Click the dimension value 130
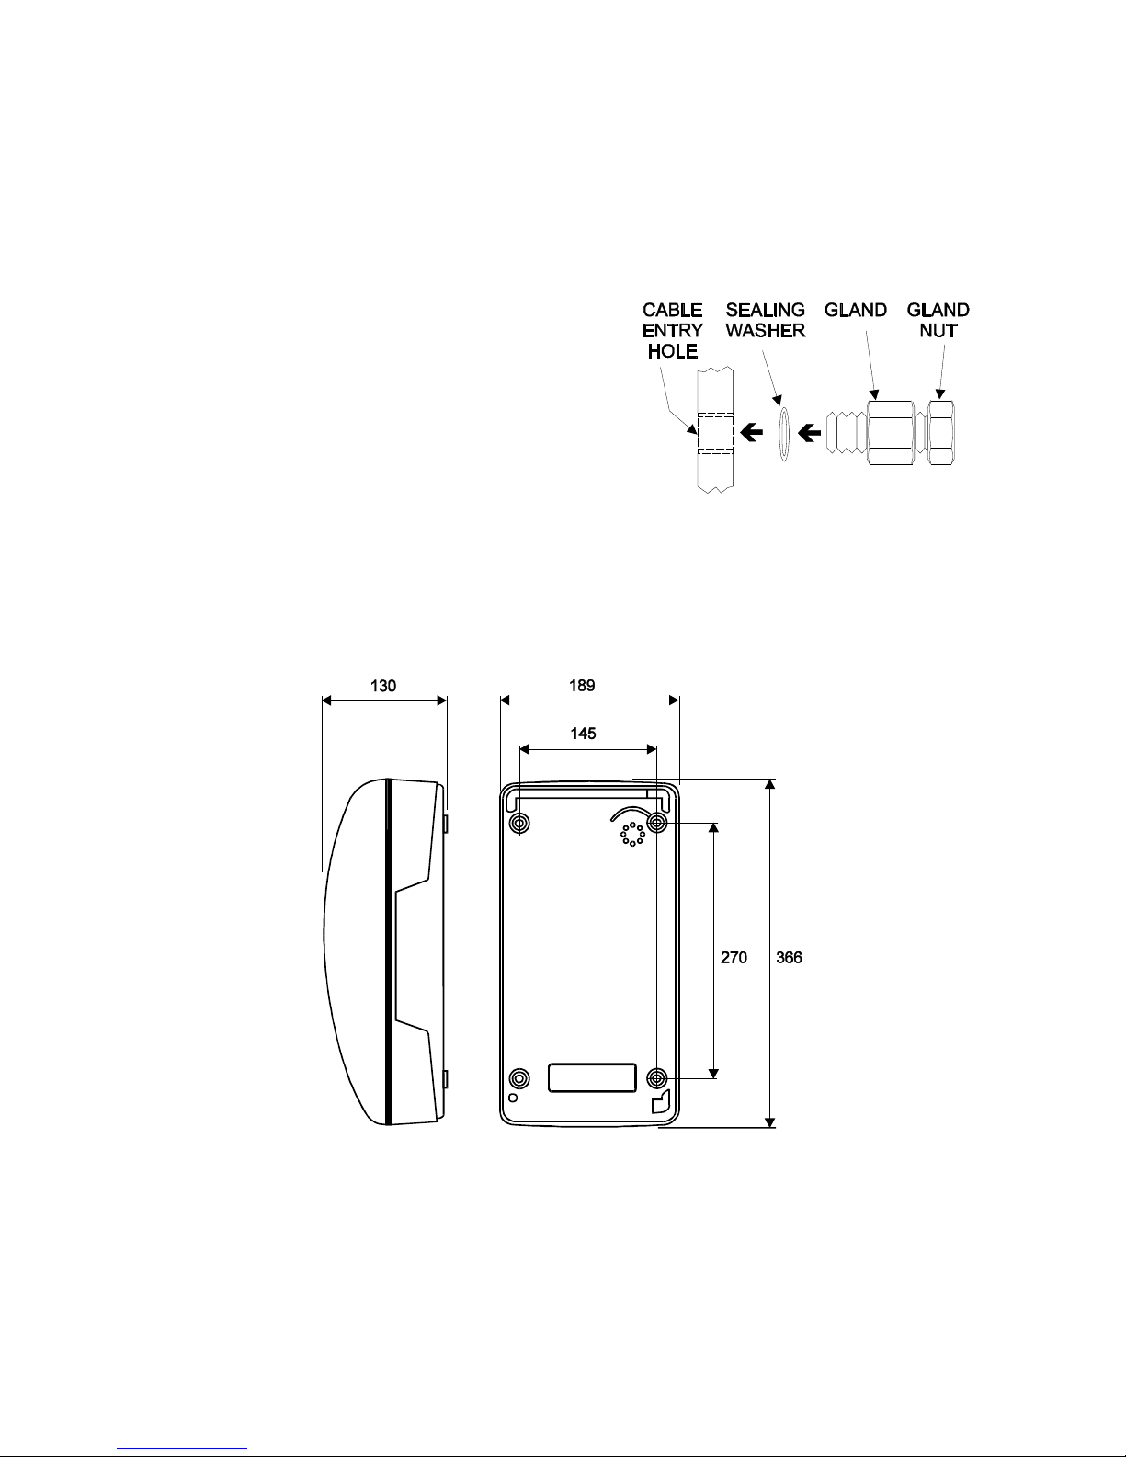click(x=382, y=686)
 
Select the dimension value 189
click(x=582, y=685)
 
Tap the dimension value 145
click(x=583, y=734)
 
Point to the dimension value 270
click(x=734, y=958)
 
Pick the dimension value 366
click(x=789, y=958)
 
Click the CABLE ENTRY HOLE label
click(x=672, y=331)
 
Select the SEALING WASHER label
click(x=766, y=321)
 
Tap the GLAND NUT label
click(x=938, y=321)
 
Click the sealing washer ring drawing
click(x=783, y=433)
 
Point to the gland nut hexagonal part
click(x=941, y=433)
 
